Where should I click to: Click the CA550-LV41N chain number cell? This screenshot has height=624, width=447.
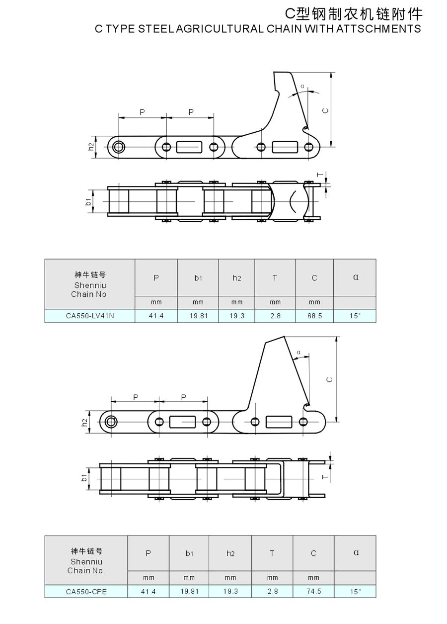(x=90, y=316)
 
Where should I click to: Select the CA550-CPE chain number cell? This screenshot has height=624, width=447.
(x=86, y=592)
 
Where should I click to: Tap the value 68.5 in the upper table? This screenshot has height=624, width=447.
(x=314, y=316)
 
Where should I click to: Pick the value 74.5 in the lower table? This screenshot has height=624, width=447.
(x=314, y=591)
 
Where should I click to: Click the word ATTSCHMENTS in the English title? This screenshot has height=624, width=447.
(x=378, y=29)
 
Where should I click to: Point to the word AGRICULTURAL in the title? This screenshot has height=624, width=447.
(x=220, y=29)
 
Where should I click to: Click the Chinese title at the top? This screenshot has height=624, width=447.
(x=354, y=14)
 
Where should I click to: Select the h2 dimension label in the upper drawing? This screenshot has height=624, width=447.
(x=91, y=147)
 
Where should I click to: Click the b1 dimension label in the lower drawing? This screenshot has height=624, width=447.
(x=84, y=477)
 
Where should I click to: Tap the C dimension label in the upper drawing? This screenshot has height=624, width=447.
(x=325, y=110)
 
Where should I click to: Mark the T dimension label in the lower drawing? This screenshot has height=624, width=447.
(x=325, y=477)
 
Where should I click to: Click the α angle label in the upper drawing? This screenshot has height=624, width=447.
(x=302, y=86)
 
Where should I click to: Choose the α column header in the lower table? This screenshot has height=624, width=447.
(x=356, y=552)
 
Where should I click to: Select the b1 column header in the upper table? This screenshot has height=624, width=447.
(x=198, y=278)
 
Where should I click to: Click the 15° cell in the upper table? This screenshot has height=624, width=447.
(x=355, y=316)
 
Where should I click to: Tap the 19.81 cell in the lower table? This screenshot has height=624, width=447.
(x=189, y=591)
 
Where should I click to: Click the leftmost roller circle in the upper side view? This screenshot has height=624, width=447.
(x=119, y=147)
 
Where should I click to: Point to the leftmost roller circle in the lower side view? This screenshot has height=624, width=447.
(x=111, y=422)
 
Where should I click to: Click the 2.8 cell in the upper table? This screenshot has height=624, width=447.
(x=275, y=316)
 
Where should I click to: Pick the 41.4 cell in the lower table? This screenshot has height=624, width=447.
(x=149, y=591)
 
